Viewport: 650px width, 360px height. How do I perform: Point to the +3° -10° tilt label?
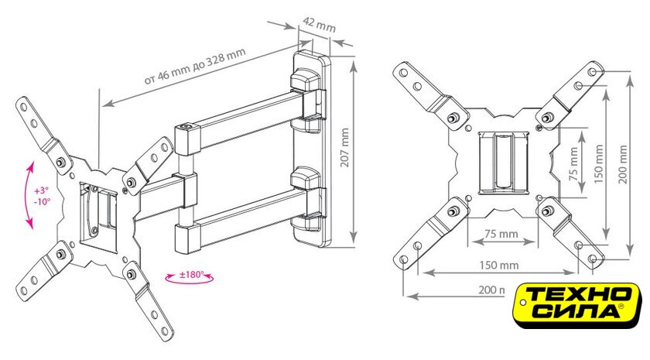click(42, 195)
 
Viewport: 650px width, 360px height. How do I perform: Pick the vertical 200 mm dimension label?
click(623, 167)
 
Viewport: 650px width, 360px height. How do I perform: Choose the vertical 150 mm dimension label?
click(598, 167)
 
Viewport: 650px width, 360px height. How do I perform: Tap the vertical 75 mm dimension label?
click(573, 165)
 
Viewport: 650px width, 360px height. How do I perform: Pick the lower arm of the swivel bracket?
click(240, 225)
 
